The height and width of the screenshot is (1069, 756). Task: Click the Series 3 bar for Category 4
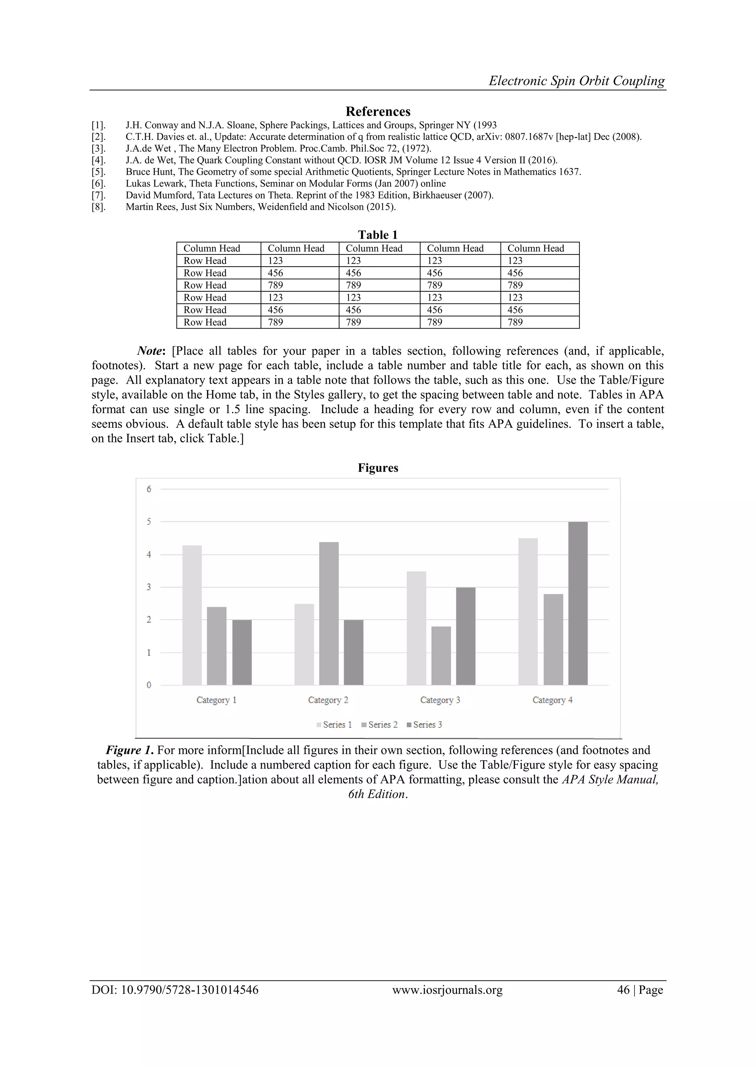[578, 603]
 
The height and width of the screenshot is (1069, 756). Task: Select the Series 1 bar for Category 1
[192, 614]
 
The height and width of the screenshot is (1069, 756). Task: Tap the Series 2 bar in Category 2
[329, 613]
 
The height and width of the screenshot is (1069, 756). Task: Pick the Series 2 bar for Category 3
[441, 655]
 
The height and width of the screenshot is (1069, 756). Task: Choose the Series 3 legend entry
[424, 724]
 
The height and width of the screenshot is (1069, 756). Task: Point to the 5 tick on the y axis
[149, 521]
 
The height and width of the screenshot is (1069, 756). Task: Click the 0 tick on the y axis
[149, 685]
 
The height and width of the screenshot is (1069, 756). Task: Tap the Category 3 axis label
[440, 700]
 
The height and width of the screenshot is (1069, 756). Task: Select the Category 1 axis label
[216, 700]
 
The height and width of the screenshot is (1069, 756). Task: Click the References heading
[378, 111]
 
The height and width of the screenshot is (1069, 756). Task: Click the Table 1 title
[378, 234]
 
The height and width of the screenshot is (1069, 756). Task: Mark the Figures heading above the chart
[378, 468]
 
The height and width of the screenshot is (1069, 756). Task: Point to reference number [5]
[98, 172]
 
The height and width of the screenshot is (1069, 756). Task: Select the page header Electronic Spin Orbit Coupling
[577, 80]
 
